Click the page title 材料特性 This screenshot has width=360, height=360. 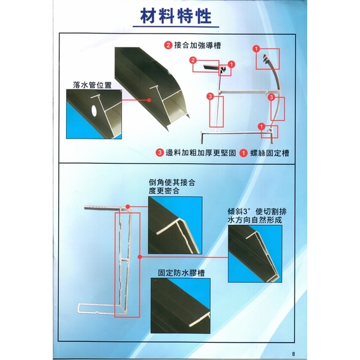(x=176, y=16)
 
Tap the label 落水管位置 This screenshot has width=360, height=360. (x=92, y=85)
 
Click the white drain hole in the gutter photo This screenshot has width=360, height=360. (x=94, y=110)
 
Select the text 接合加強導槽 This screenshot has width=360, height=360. (x=197, y=45)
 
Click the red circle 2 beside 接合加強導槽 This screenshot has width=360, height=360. (x=168, y=45)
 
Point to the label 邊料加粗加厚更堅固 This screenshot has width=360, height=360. (x=201, y=153)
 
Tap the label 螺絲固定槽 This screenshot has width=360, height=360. (x=269, y=153)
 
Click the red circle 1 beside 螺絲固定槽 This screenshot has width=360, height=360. (x=244, y=153)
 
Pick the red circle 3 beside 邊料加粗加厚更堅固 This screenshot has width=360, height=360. (x=160, y=153)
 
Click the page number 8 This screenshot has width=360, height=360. (x=293, y=354)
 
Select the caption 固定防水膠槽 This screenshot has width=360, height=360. (x=181, y=273)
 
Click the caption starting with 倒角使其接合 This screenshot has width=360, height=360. (x=172, y=187)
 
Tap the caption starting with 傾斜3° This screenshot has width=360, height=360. (x=257, y=215)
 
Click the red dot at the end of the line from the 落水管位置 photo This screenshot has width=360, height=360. (x=149, y=100)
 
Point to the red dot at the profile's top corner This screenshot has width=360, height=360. (x=128, y=207)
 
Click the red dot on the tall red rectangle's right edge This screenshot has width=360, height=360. (x=140, y=257)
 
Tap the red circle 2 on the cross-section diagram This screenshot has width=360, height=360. (x=193, y=61)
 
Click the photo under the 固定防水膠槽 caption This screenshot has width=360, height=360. (x=181, y=305)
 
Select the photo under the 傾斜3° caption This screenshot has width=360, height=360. (x=255, y=254)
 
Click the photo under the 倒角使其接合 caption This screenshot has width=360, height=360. (x=175, y=225)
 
